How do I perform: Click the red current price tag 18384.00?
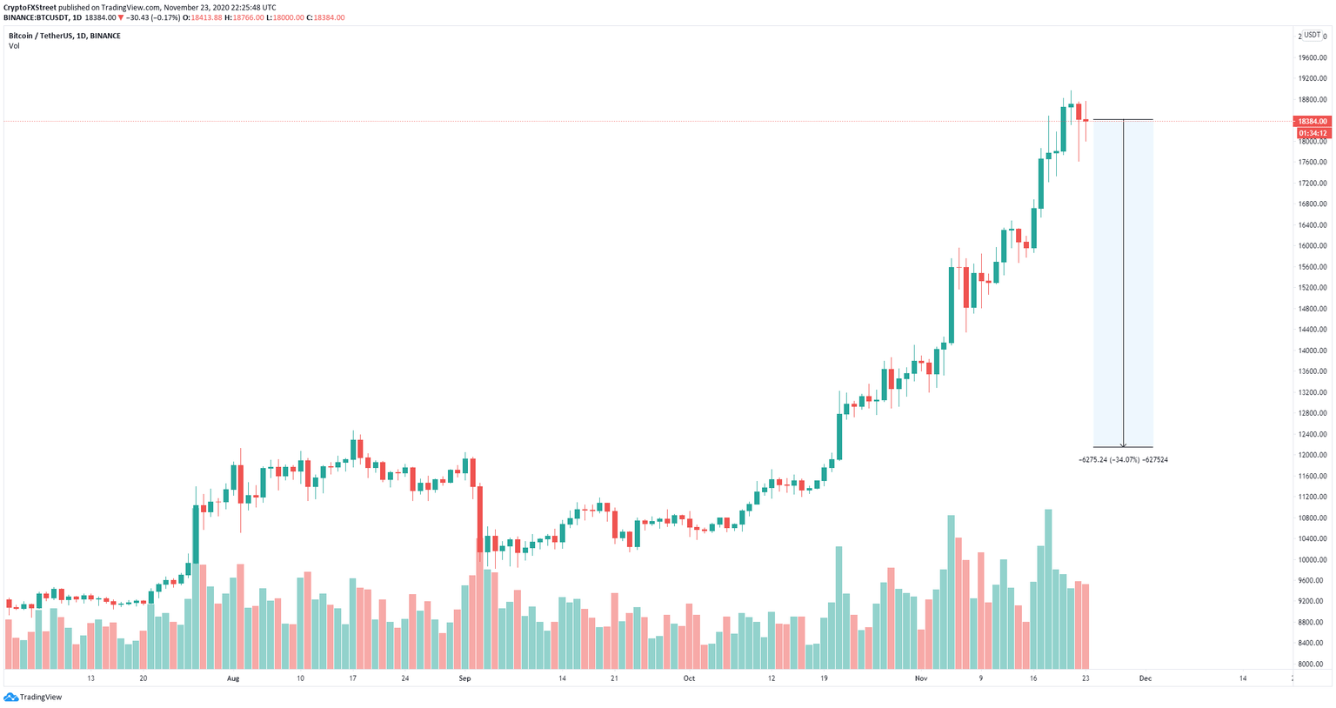pyautogui.click(x=1313, y=121)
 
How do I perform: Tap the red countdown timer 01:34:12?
pyautogui.click(x=1313, y=133)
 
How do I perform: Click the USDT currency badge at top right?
pyautogui.click(x=1311, y=36)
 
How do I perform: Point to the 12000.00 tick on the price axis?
pyautogui.click(x=1313, y=455)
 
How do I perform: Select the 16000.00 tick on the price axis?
pyautogui.click(x=1313, y=246)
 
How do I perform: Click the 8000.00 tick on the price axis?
pyautogui.click(x=1313, y=664)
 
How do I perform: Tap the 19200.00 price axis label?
pyautogui.click(x=1313, y=78)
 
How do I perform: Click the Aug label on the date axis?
pyautogui.click(x=232, y=678)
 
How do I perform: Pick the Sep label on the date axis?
pyautogui.click(x=464, y=678)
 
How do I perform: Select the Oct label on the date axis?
pyautogui.click(x=689, y=678)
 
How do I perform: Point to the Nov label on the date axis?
pyautogui.click(x=921, y=678)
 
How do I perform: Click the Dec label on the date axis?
pyautogui.click(x=1146, y=678)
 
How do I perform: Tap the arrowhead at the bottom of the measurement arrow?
pyautogui.click(x=1124, y=444)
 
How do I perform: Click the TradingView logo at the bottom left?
pyautogui.click(x=33, y=697)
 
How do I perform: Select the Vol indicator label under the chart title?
pyautogui.click(x=14, y=46)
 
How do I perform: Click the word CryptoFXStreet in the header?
pyautogui.click(x=30, y=7)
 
